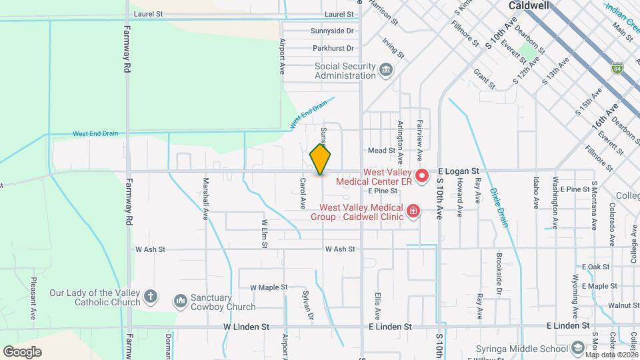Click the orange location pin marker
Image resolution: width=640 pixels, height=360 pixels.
320,159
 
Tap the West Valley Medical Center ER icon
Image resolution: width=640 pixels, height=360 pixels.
421,177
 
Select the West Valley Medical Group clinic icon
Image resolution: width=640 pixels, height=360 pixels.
413,211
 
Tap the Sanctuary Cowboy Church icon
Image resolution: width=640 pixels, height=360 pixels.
180,302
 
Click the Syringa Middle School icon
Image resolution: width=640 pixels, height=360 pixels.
578,349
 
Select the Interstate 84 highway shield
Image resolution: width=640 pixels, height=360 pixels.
617,67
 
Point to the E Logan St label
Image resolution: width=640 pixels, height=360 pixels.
459,171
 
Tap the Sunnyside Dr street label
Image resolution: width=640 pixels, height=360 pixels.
332,31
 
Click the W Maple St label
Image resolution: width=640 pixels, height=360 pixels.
269,287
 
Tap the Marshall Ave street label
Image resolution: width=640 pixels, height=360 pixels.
206,198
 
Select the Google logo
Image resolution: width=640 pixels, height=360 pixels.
22,351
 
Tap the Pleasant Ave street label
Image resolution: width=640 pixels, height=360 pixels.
33,298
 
